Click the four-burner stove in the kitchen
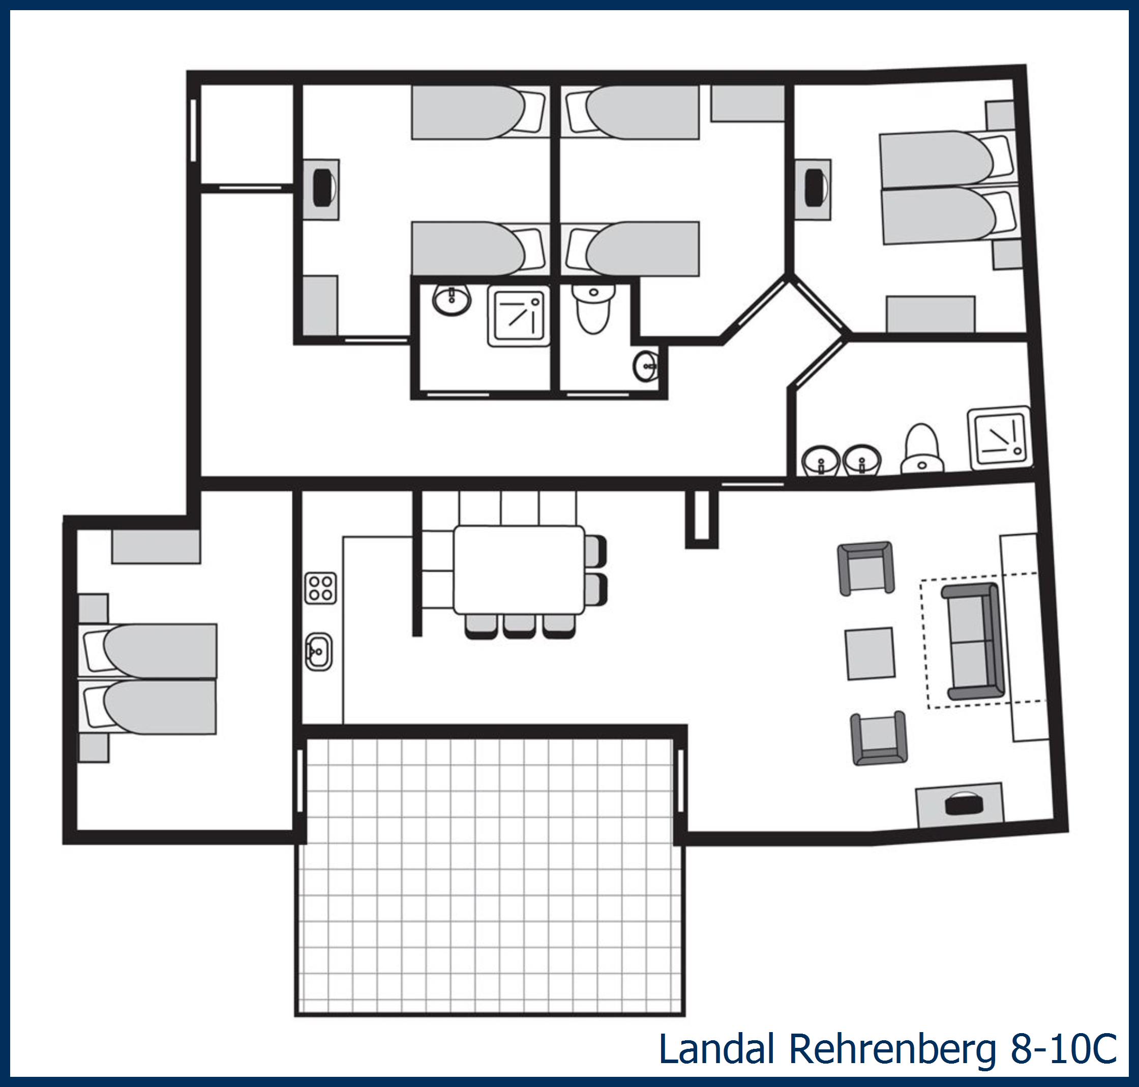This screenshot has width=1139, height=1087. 320,588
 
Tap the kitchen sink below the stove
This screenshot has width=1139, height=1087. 319,651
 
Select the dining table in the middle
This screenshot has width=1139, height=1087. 519,569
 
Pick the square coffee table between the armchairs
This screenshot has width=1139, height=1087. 870,653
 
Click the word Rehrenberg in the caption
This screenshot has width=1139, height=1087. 890,1049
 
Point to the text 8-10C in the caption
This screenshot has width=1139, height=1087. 1064,1049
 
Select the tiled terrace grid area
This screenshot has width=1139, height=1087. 490,875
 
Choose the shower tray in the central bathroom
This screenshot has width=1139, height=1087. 519,316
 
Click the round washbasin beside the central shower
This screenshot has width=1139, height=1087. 452,300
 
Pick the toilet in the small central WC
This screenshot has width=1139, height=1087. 593,308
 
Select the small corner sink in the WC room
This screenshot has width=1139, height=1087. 645,366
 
